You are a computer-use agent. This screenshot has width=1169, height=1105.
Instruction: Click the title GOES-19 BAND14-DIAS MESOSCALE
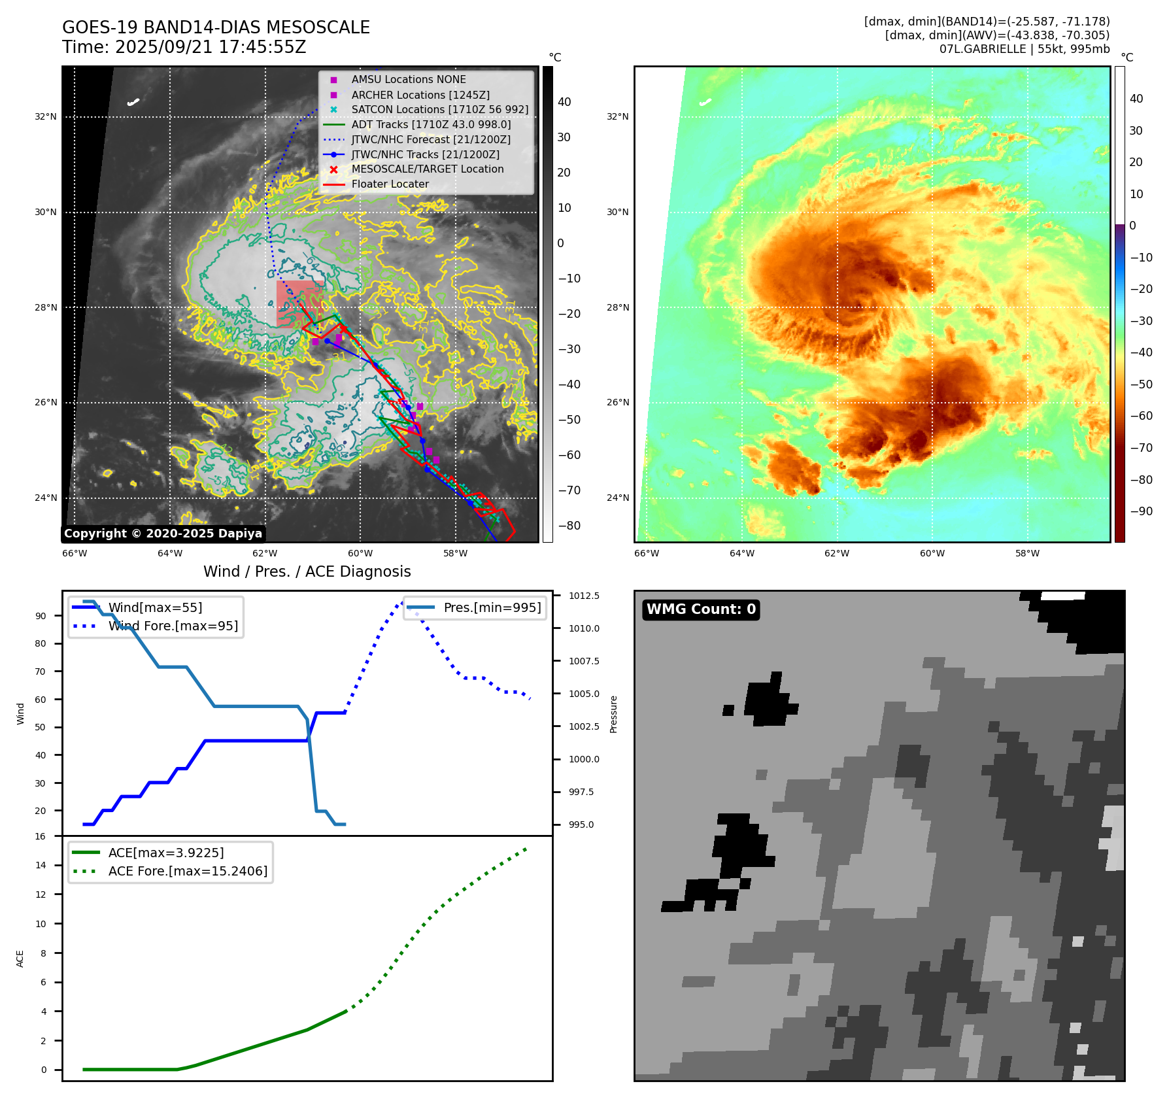(216, 27)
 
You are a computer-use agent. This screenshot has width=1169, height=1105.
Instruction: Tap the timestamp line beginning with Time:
(184, 47)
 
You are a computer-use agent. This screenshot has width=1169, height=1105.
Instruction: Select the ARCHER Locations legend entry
(420, 95)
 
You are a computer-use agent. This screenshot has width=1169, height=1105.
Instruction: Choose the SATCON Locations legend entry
(439, 109)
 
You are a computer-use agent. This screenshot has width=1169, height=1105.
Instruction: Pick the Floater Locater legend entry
(390, 184)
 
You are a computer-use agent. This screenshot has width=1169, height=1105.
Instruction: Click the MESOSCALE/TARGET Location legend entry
(427, 169)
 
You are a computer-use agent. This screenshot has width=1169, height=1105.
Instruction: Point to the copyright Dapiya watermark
(163, 534)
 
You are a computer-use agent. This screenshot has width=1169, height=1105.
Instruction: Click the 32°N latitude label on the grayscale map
(46, 117)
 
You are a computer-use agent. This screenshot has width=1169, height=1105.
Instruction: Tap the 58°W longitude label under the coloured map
(1027, 553)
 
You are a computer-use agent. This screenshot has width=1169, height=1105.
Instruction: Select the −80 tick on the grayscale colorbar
(569, 526)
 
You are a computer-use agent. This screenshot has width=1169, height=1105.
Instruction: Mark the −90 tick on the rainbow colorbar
(1141, 511)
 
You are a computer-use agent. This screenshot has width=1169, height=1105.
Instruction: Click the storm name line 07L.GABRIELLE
(1024, 49)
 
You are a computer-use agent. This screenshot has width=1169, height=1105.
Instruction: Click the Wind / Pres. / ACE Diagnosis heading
(307, 571)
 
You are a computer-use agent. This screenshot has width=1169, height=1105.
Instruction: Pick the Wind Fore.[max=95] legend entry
(173, 626)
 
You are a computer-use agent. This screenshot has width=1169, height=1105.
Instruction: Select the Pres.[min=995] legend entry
(492, 607)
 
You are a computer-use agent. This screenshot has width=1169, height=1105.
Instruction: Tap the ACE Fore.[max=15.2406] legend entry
(187, 871)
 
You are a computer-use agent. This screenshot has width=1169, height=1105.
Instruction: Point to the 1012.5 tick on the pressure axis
(583, 596)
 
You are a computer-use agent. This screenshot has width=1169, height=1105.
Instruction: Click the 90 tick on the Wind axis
(41, 616)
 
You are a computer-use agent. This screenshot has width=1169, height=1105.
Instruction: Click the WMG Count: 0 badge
(701, 609)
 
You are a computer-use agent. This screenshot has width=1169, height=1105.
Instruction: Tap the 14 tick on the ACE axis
(41, 865)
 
